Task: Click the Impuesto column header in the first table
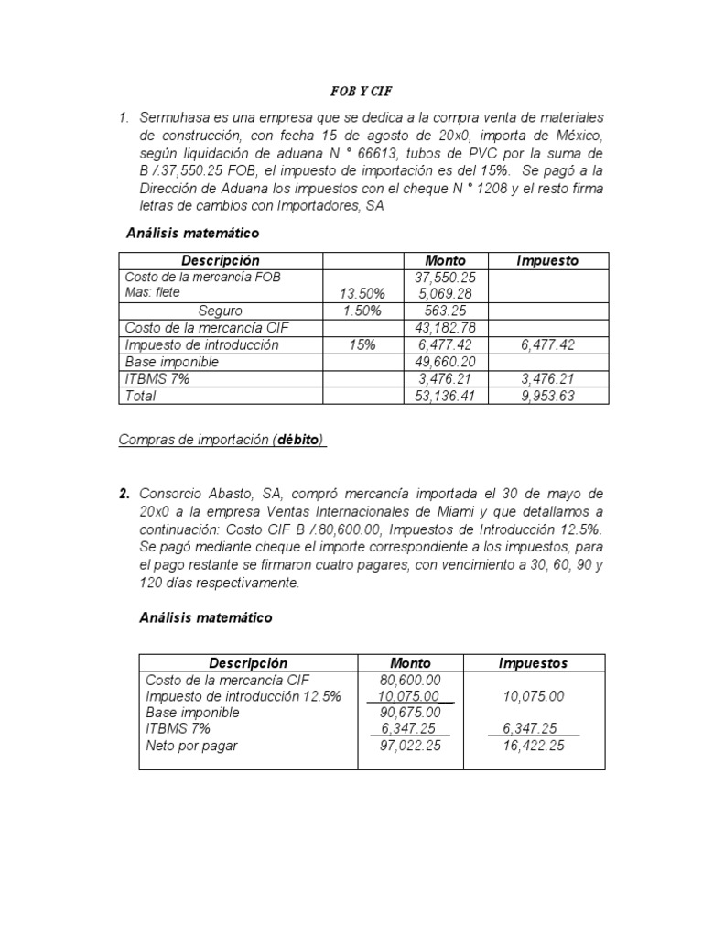pyautogui.click(x=546, y=260)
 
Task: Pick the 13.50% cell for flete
pyautogui.click(x=362, y=293)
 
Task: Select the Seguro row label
pyautogui.click(x=221, y=311)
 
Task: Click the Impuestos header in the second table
pyautogui.click(x=533, y=662)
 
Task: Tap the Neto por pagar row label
pyautogui.click(x=190, y=746)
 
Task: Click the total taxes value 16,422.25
pyautogui.click(x=533, y=746)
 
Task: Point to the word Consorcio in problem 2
pyautogui.click(x=174, y=495)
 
